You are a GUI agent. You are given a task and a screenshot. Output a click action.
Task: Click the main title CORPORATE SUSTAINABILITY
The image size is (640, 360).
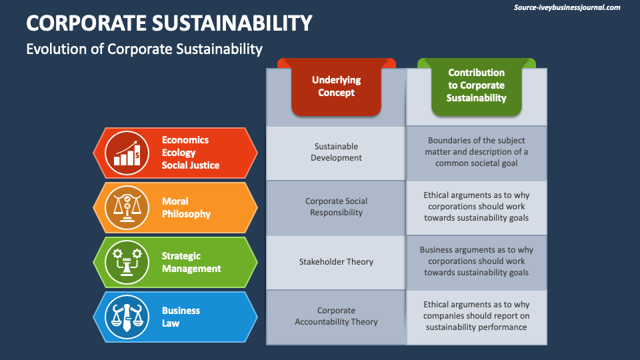169,23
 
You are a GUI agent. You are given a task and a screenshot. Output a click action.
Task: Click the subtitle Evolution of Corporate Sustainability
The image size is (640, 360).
144,49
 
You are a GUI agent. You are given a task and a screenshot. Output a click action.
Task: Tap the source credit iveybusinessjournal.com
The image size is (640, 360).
567,8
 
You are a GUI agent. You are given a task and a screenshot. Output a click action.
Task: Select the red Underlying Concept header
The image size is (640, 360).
336,87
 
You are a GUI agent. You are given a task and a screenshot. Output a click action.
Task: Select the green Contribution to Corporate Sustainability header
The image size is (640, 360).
476,85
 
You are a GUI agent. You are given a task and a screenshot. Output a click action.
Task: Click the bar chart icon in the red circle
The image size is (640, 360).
127,153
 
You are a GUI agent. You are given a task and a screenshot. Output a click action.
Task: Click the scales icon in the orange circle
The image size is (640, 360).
127,207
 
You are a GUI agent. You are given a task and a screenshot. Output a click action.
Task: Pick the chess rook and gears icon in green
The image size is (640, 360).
127,262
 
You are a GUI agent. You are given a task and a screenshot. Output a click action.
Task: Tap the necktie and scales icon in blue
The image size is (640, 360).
127,317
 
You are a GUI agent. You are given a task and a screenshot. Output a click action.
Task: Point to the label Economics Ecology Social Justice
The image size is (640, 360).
190,153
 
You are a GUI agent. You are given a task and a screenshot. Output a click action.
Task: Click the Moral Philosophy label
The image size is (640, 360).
186,207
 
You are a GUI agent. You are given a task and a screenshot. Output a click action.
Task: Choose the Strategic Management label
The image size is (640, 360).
191,262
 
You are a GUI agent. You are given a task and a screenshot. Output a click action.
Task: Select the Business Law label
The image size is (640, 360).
181,317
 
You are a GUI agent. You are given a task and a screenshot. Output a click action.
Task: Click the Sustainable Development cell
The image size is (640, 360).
336,152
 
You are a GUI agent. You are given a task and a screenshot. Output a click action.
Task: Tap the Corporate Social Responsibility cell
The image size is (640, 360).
336,207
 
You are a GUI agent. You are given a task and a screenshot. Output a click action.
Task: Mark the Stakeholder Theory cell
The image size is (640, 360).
336,262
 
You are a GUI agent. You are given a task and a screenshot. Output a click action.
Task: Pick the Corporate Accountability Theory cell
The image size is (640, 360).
336,316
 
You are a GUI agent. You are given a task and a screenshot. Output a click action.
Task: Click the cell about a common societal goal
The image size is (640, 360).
476,152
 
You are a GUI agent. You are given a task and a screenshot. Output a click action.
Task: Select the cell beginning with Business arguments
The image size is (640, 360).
476,261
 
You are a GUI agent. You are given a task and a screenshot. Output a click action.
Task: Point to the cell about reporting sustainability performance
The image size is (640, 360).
476,316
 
